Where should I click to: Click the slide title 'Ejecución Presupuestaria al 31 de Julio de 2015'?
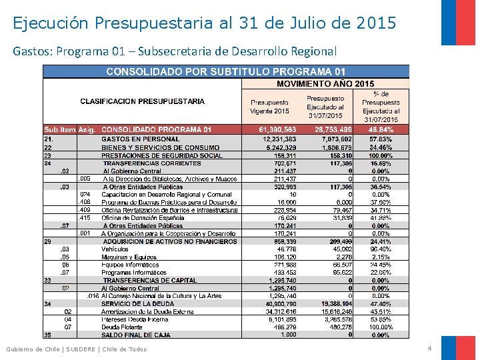tap(204, 23)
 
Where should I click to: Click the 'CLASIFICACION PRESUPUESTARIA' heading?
tap(142, 101)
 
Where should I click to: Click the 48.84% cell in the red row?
tap(381, 129)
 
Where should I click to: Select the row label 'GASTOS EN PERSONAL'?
tap(140, 139)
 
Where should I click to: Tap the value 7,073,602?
tap(335, 139)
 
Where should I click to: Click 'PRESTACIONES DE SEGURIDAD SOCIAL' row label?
tap(162, 155)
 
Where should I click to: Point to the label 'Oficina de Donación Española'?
tap(142, 217)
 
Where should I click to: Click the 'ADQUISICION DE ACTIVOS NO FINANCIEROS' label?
tap(170, 241)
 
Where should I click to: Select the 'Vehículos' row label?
tap(117, 249)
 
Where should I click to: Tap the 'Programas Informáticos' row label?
tap(130, 273)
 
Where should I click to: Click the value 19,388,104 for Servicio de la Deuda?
tap(335, 303)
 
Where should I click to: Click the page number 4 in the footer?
tap(429, 349)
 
